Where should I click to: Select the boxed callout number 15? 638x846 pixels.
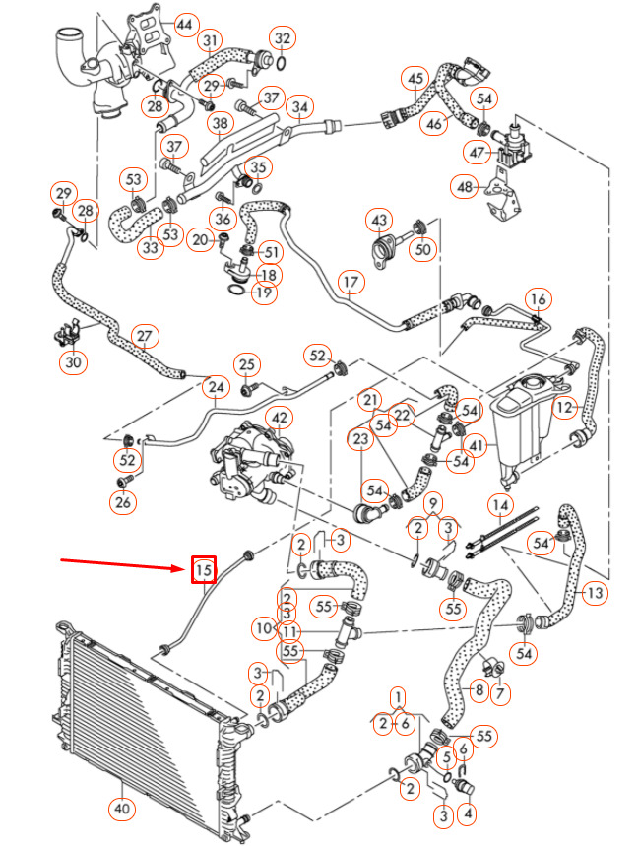tap(203, 569)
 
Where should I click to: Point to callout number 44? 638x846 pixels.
tap(184, 22)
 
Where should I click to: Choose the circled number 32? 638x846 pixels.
tap(283, 39)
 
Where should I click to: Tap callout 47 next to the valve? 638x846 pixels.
tap(478, 153)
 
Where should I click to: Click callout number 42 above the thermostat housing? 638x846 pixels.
tap(280, 420)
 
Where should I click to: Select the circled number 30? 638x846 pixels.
tap(74, 362)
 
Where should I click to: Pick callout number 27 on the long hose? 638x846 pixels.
tap(145, 336)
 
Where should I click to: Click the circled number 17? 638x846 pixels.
tap(351, 283)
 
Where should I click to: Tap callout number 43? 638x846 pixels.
tap(380, 218)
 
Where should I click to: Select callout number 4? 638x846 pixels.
tap(468, 813)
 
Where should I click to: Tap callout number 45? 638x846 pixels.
tap(415, 78)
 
